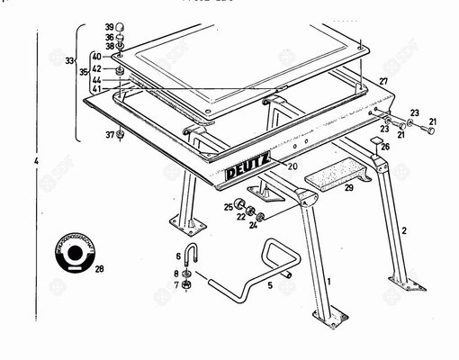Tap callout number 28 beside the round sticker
point(99,269)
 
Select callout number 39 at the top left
point(108,27)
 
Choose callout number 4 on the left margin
point(36,162)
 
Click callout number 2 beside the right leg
point(404,231)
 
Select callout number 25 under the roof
point(228,207)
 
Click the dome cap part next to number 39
point(121,27)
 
